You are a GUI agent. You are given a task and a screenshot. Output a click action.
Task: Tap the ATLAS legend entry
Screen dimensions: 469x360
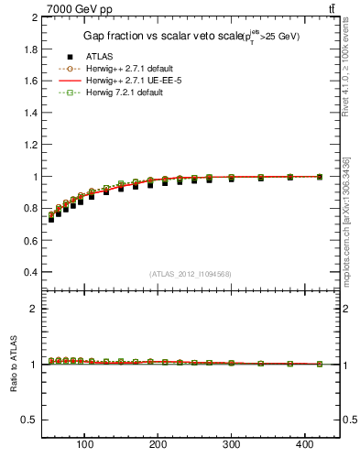(100, 57)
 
